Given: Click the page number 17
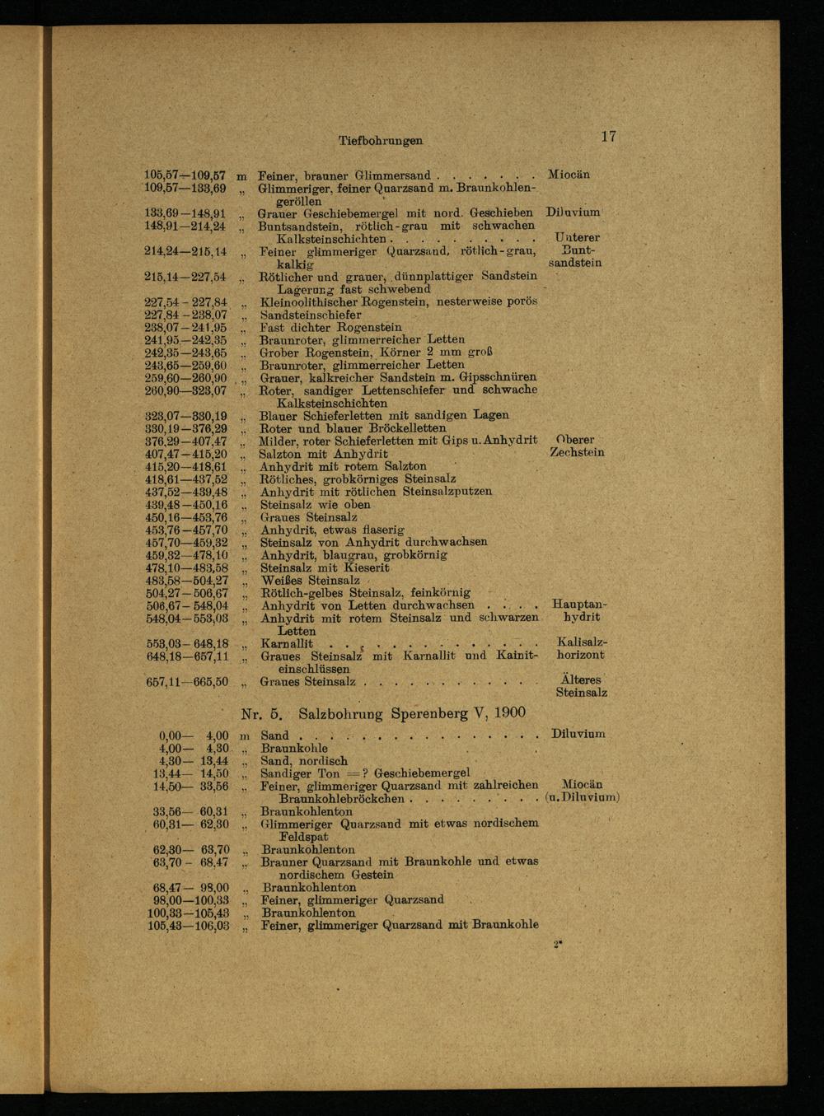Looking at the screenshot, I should [x=609, y=137].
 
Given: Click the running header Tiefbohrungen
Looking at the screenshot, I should [x=380, y=141].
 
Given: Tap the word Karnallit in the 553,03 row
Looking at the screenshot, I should [x=287, y=643].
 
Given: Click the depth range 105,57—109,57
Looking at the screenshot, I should [x=185, y=175].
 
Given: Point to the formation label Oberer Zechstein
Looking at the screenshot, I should [x=577, y=446].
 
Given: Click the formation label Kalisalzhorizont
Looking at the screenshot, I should [x=581, y=648].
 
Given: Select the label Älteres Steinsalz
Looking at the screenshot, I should [x=581, y=686].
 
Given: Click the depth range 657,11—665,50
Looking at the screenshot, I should [x=186, y=682].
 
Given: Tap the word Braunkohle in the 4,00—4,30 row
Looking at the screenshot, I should [x=294, y=749].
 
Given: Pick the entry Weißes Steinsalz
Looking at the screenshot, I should [x=310, y=581].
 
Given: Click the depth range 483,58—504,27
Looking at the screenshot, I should [x=186, y=581].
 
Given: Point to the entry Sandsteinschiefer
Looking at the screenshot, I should [x=311, y=315].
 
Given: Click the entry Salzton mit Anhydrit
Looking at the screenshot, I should [x=324, y=454].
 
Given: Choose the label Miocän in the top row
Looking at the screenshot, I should [x=569, y=175].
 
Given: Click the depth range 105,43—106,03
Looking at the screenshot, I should [x=188, y=926].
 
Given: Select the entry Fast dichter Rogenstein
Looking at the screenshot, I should [x=331, y=327].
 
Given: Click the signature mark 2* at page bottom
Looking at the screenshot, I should [x=558, y=946].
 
